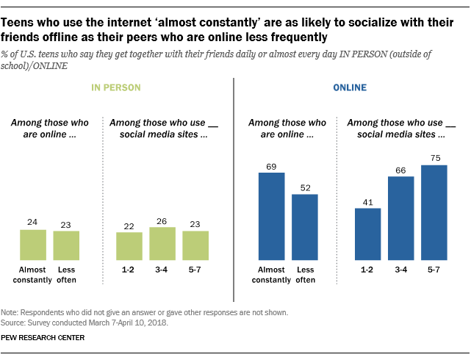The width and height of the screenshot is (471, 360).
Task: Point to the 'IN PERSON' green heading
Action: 116,87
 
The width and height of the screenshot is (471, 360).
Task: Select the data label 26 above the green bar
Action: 162,220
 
